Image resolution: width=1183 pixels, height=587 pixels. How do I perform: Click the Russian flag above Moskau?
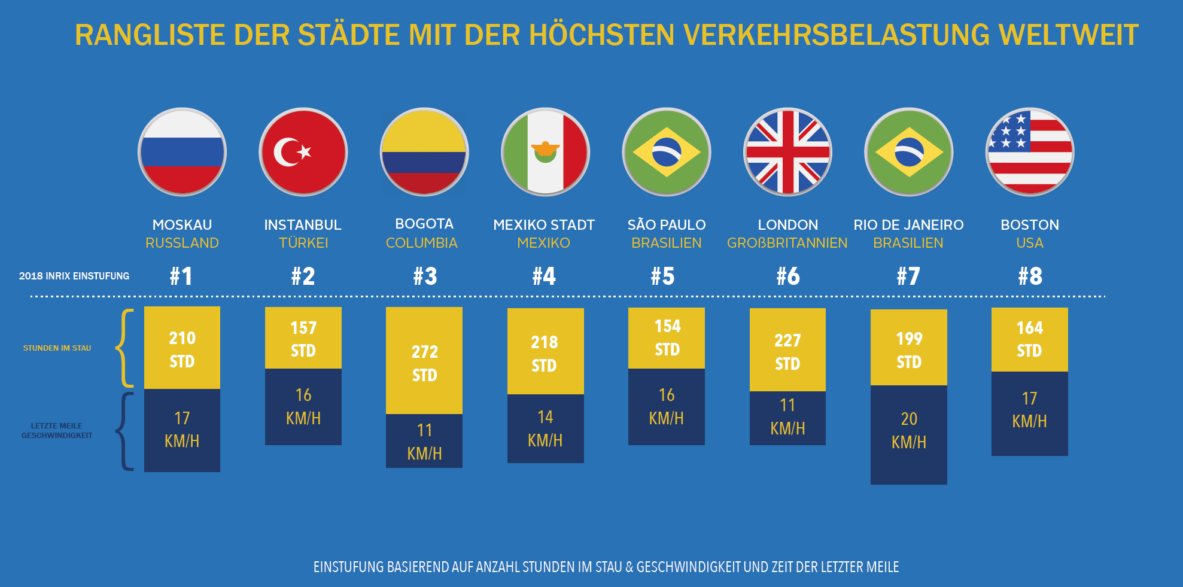[x=182, y=152]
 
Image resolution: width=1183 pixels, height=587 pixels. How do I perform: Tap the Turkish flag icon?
[x=303, y=152]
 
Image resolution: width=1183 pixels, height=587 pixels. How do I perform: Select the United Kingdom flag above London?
[x=787, y=152]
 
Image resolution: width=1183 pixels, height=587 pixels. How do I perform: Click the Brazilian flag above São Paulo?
[x=667, y=152]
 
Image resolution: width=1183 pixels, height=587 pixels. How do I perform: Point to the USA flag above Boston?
[x=1030, y=152]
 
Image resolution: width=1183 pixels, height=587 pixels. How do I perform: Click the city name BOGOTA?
[x=424, y=224]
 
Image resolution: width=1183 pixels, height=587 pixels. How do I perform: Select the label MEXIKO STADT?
[x=544, y=225]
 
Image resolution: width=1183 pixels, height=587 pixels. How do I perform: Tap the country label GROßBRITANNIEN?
[x=787, y=243]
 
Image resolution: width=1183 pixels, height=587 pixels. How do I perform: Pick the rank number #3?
[x=425, y=276]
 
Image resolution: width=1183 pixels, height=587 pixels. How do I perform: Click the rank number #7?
[x=908, y=276]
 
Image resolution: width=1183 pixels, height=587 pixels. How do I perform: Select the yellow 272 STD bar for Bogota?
[x=424, y=360]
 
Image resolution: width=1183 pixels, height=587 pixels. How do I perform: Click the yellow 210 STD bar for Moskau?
[x=182, y=348]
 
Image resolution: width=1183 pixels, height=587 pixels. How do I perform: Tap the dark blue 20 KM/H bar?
[x=908, y=434]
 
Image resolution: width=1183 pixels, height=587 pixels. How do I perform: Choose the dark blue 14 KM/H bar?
[x=545, y=428]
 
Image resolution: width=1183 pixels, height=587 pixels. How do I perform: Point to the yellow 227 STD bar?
[x=787, y=350]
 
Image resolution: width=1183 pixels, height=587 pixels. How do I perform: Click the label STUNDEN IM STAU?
[x=57, y=348]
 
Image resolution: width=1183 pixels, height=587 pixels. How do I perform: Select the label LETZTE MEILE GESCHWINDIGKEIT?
[x=57, y=431]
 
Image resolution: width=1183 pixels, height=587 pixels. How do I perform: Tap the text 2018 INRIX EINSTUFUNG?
[x=74, y=276]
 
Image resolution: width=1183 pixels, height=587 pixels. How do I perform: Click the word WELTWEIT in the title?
[x=1068, y=35]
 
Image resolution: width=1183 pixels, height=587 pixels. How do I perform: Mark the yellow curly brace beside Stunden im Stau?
[x=124, y=348]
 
